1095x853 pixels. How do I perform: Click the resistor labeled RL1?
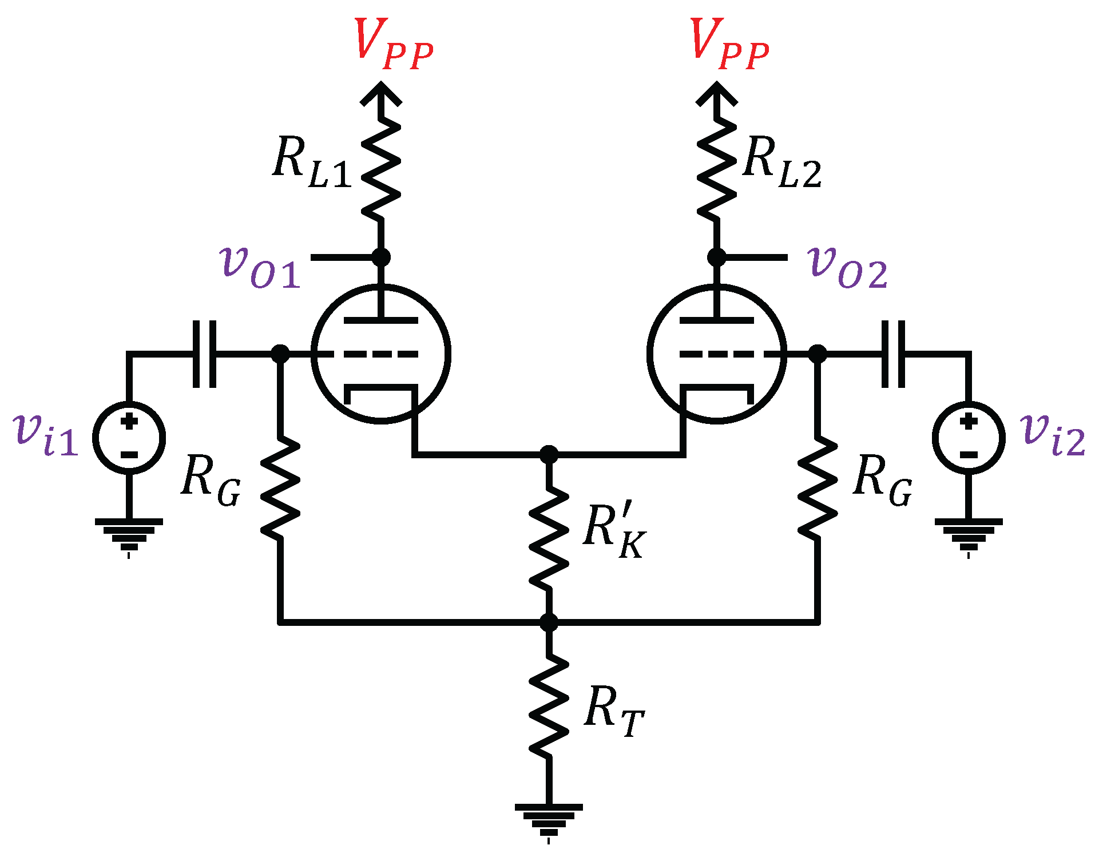[x=380, y=169]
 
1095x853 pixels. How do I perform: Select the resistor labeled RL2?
[x=716, y=169]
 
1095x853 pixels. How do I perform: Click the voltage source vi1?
[x=129, y=438]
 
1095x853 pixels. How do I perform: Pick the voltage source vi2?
[x=968, y=438]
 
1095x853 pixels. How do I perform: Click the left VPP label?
[x=392, y=44]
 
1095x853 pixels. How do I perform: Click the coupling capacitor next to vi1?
[x=204, y=354]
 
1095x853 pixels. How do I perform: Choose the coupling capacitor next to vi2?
[x=893, y=354]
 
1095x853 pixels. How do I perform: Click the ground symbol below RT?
[x=549, y=822]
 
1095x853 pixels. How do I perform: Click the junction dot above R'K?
[x=549, y=455]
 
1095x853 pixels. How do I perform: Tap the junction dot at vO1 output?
[x=381, y=257]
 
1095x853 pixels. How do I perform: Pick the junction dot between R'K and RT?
[x=549, y=622]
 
